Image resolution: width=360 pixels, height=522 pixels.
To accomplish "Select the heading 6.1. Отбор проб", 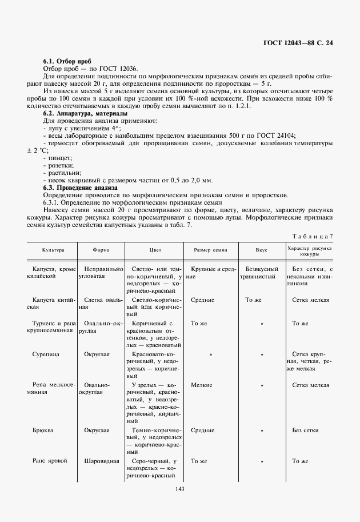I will pyautogui.click(x=63, y=61).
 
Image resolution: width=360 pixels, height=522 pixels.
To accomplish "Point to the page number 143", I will pyautogui.click(x=179, y=489).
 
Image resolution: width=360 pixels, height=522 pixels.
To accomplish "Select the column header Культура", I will pyautogui.click(x=53, y=250).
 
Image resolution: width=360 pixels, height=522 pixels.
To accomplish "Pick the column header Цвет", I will pyautogui.click(x=155, y=250).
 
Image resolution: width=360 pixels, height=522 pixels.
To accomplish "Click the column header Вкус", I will pyautogui.click(x=262, y=250).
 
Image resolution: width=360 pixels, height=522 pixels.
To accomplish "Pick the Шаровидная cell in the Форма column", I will pyautogui.click(x=101, y=460).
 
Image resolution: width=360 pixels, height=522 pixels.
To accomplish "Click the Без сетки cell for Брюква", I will pyautogui.click(x=305, y=430).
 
